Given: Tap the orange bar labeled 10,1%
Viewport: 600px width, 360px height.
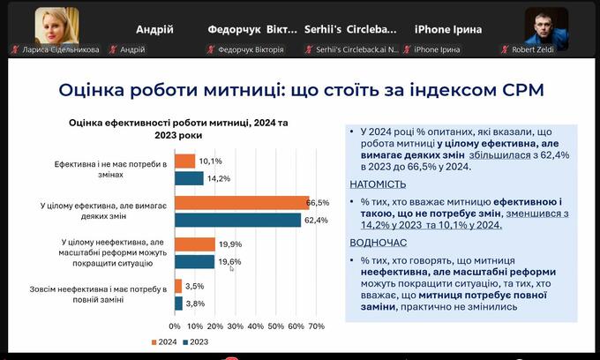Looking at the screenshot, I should tap(184, 161).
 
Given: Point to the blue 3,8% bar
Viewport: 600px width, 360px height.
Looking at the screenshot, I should tap(178, 303).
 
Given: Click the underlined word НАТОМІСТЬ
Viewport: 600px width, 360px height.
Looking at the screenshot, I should tap(379, 184).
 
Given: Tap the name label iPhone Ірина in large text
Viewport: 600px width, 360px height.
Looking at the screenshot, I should tap(447, 28).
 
